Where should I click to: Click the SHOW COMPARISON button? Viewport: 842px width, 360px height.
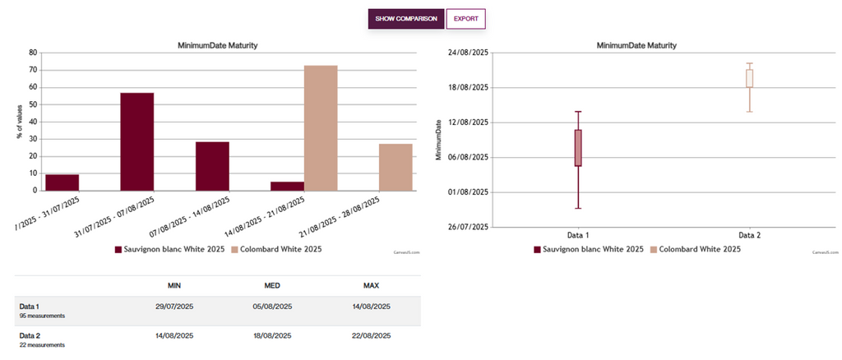[406, 18]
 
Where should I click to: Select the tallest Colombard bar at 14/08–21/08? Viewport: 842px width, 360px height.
[321, 127]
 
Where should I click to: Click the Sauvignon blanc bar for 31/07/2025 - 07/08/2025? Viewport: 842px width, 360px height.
[136, 141]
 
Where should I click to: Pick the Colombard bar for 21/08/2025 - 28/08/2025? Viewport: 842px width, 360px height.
[396, 167]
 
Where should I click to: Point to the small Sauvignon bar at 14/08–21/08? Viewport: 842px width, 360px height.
[287, 187]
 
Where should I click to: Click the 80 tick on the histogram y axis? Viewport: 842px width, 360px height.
[33, 52]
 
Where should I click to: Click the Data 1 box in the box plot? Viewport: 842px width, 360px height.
[578, 148]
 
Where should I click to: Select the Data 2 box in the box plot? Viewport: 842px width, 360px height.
[750, 78]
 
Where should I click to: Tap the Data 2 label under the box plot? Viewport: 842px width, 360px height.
[749, 235]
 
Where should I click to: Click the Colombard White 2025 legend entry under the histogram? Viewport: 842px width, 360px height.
[277, 249]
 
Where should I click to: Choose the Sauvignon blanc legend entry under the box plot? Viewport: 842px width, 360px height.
[589, 249]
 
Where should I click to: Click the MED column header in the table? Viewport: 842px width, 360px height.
[272, 285]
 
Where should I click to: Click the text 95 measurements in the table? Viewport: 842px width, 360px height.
[42, 316]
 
